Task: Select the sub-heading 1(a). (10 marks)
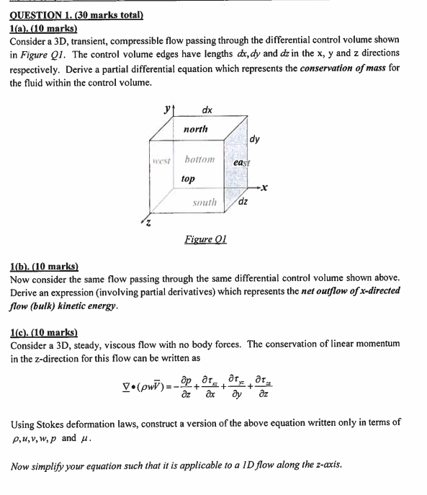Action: pos(43,27)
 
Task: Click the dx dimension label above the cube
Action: pos(207,110)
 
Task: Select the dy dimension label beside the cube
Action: pos(256,139)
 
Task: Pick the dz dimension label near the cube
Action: pos(243,201)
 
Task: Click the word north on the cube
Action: pos(195,129)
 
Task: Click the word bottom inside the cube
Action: pos(201,159)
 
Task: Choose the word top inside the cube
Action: pos(187,177)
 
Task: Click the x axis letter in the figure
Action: pos(265,188)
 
